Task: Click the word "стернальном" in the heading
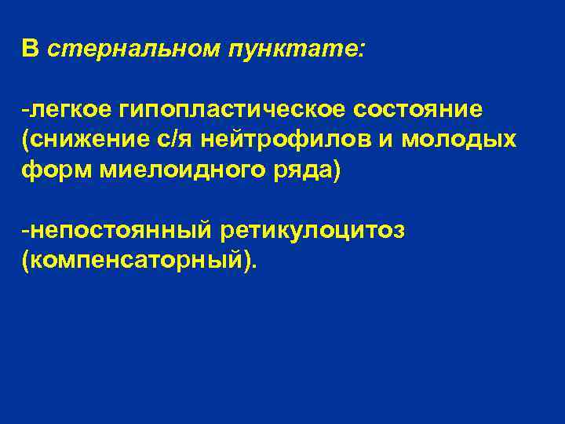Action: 133,49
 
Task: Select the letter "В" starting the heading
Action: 30,49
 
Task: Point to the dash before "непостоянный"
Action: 26,232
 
